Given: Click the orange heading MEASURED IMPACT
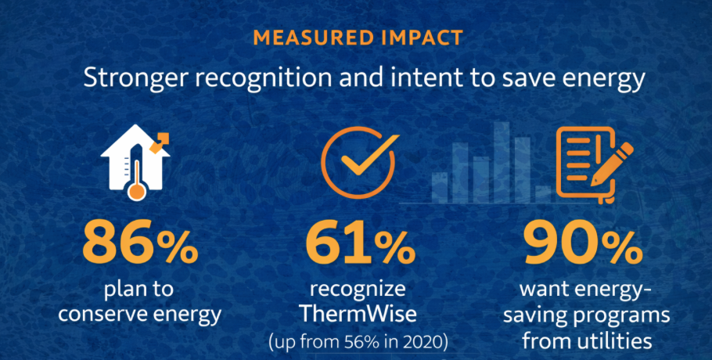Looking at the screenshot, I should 357,37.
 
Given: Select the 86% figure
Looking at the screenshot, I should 140,245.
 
